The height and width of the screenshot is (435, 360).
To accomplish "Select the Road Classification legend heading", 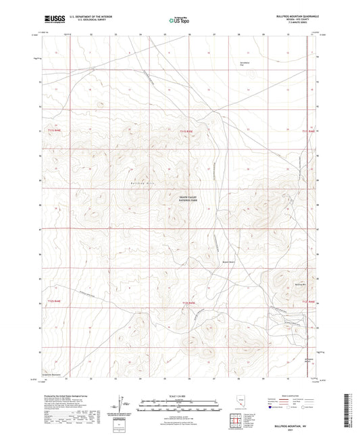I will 291,396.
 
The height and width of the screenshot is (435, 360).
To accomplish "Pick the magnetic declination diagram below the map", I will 122,403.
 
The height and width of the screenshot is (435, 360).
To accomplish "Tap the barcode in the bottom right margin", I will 353,412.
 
